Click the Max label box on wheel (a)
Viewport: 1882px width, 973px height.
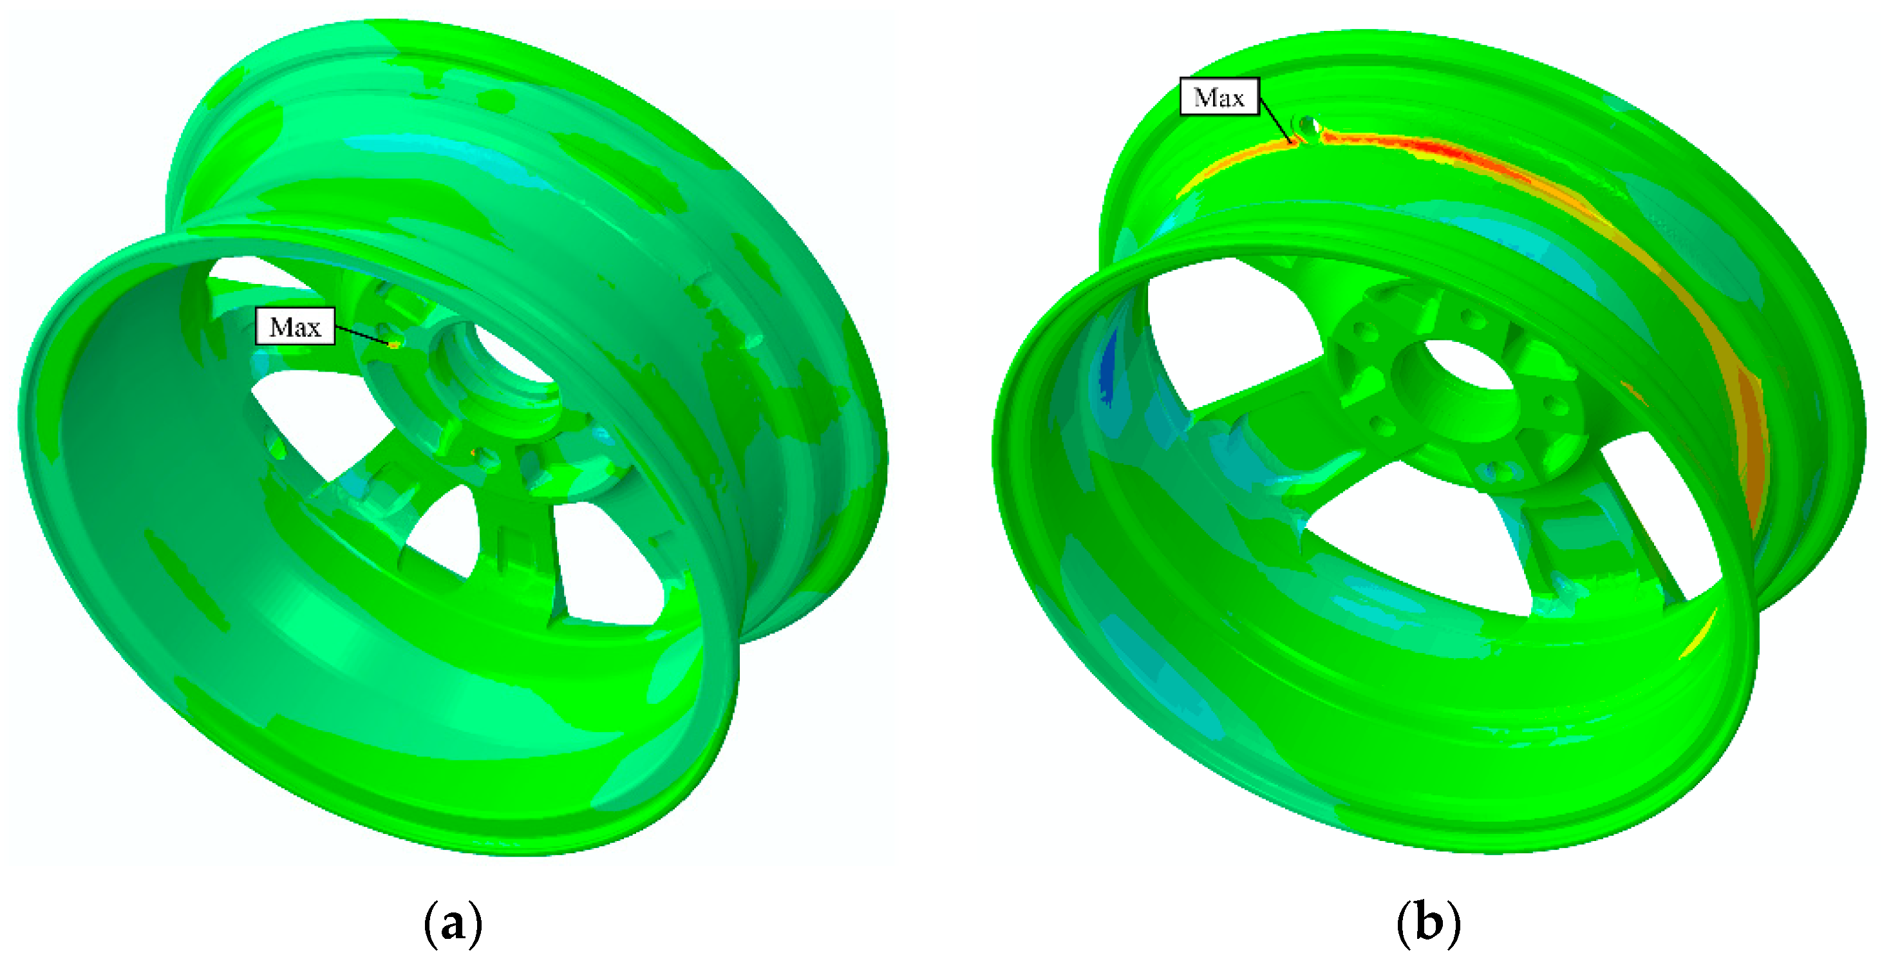[295, 326]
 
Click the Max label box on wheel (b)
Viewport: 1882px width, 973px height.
[1219, 97]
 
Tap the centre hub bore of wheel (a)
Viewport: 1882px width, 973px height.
[511, 358]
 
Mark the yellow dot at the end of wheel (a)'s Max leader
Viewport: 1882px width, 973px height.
[394, 343]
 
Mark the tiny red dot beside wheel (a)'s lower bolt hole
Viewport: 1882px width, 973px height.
[474, 453]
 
